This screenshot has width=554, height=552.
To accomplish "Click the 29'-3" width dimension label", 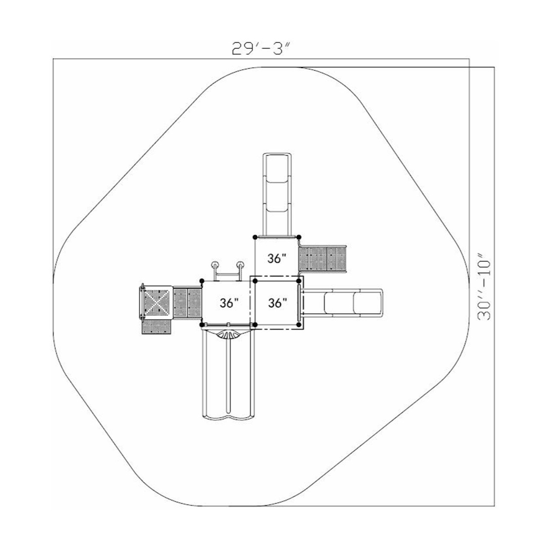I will tap(260, 48).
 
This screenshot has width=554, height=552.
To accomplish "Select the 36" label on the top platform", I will tap(277, 258).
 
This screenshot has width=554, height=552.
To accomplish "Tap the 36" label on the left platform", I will tap(229, 303).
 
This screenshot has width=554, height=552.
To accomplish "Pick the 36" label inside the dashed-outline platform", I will tap(277, 303).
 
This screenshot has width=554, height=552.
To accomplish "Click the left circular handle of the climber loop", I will tap(215, 265).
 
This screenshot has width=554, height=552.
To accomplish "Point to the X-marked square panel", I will tap(157, 301).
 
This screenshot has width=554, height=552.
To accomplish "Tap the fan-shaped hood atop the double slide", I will tap(227, 334).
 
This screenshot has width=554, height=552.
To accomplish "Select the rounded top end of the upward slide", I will tap(277, 157).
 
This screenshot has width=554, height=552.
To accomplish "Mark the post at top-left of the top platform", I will tap(255, 237).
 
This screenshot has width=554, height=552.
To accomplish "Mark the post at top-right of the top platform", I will tap(298, 237).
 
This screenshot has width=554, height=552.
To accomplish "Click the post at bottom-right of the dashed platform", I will tap(299, 324).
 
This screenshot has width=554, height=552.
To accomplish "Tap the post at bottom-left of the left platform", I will tap(202, 324).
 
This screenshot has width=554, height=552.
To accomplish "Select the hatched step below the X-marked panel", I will tap(157, 327).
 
